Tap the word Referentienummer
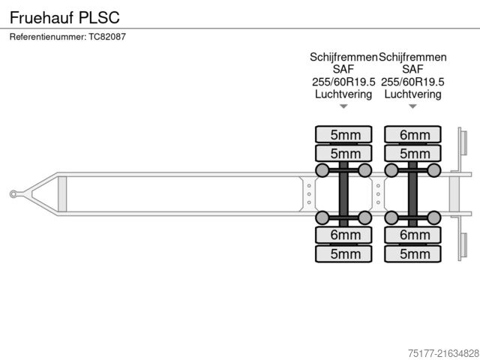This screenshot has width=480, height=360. point(46,37)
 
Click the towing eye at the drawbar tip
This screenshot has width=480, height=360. point(13,194)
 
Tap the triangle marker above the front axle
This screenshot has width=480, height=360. point(343,106)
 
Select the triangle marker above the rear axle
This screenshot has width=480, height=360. point(412,106)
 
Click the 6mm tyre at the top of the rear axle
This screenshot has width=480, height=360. point(414,135)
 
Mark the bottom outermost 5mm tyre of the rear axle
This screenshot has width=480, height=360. point(414,254)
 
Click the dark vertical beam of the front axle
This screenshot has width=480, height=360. point(343,194)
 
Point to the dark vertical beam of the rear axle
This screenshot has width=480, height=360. point(412,194)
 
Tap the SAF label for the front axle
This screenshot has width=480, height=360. point(343,69)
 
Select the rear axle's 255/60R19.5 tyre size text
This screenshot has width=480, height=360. point(412,82)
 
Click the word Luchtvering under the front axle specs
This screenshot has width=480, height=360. point(343,94)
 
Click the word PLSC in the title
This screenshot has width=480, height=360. point(98,16)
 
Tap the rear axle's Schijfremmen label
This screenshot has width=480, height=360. point(412,57)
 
